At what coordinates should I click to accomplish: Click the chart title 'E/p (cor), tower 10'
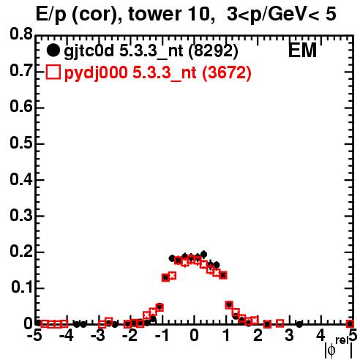tap(123, 15)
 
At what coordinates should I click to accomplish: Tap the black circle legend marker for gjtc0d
tap(53, 50)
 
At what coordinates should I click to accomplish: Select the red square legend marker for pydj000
tap(53, 72)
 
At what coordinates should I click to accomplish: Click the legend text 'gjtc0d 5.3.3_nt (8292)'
tap(151, 51)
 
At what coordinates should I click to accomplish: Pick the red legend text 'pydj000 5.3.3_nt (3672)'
tap(157, 72)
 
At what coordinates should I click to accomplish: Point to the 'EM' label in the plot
tap(302, 50)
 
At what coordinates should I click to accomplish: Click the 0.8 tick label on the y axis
tap(20, 34)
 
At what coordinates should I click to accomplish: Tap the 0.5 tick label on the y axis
tap(20, 143)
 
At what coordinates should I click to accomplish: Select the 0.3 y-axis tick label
tap(20, 215)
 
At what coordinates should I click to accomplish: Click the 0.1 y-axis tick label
tap(21, 287)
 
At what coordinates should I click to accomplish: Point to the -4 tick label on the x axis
tap(67, 335)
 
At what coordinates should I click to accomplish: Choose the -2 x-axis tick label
tap(130, 335)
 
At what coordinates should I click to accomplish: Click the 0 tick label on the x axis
tap(194, 335)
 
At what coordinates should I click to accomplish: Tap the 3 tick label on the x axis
tap(289, 335)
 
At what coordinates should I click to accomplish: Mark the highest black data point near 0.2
tap(204, 255)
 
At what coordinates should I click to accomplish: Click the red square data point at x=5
tap(350, 324)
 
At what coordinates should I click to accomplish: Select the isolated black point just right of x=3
tap(299, 324)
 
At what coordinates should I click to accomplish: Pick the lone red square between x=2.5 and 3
tap(280, 323)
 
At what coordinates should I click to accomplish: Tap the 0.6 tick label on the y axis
tap(20, 107)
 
